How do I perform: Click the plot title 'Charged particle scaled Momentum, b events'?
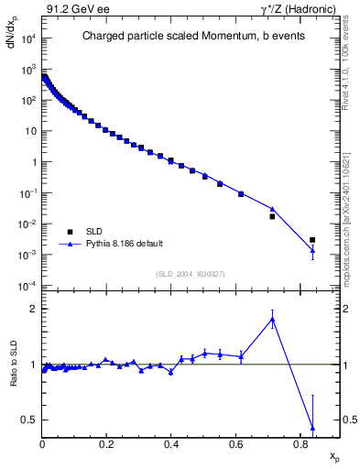point(183,37)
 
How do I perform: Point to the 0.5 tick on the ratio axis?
point(31,420)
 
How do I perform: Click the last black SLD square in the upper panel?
point(312,240)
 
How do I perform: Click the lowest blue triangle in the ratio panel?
point(312,428)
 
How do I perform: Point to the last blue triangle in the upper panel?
point(312,250)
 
